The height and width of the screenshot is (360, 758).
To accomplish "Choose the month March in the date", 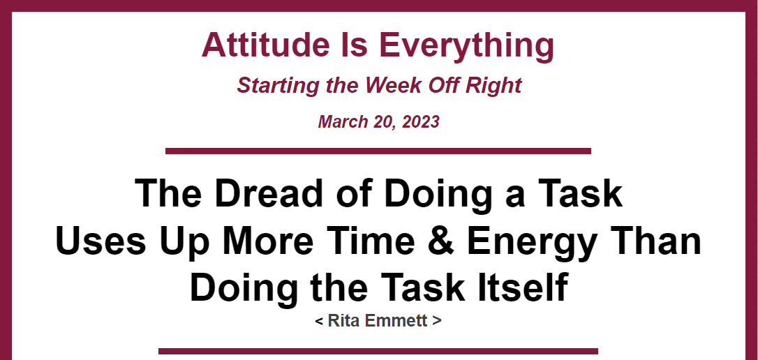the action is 343,121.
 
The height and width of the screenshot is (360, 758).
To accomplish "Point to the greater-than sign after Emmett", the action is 436,321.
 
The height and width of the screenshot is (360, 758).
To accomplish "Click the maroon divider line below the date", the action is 378,151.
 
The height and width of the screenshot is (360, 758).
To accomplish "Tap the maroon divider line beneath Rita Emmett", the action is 378,352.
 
